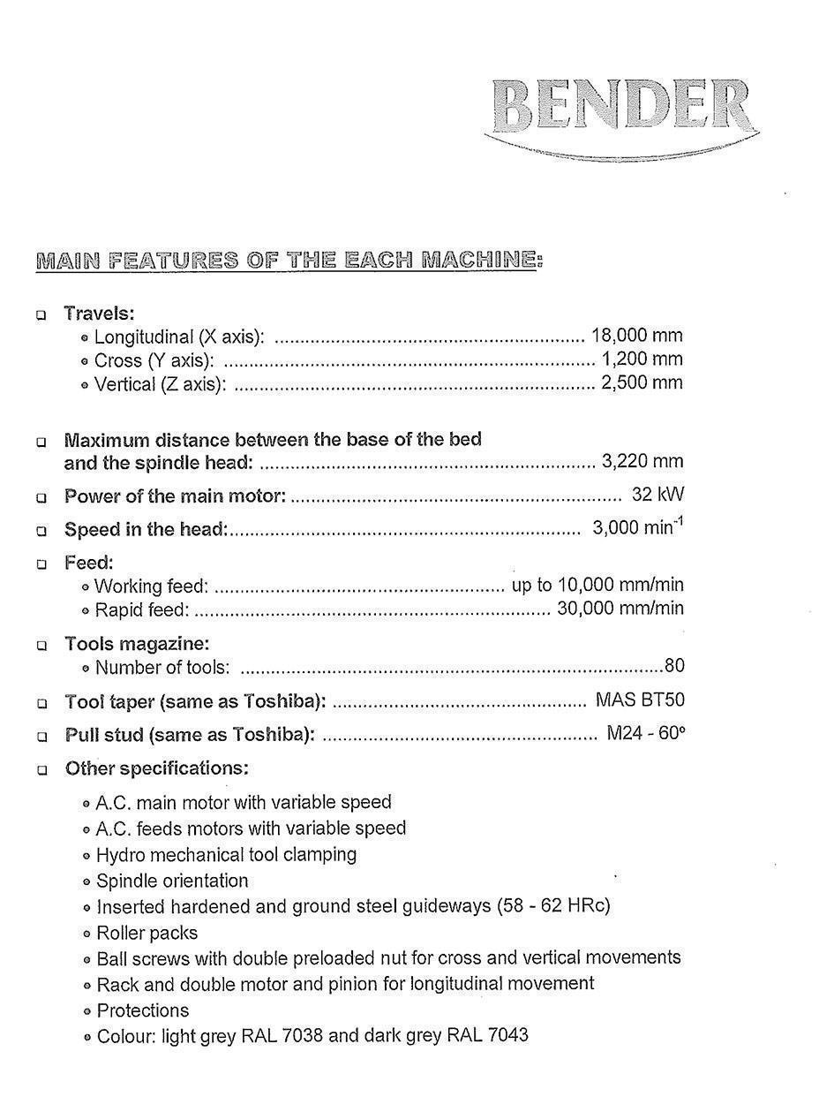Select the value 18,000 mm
pos(636,336)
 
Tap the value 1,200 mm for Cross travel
pos(642,359)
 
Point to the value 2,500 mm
pos(642,383)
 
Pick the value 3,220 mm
pos(642,461)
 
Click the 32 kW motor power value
pos(657,495)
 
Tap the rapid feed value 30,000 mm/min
pos(620,609)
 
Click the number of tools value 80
pos(674,667)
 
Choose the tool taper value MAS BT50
pos(640,701)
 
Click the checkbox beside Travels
pos(41,315)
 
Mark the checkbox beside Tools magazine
pos(41,647)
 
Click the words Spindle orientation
pos(172,881)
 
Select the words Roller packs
pos(147,933)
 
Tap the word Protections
pos(143,1010)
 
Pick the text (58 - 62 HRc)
pos(553,906)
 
